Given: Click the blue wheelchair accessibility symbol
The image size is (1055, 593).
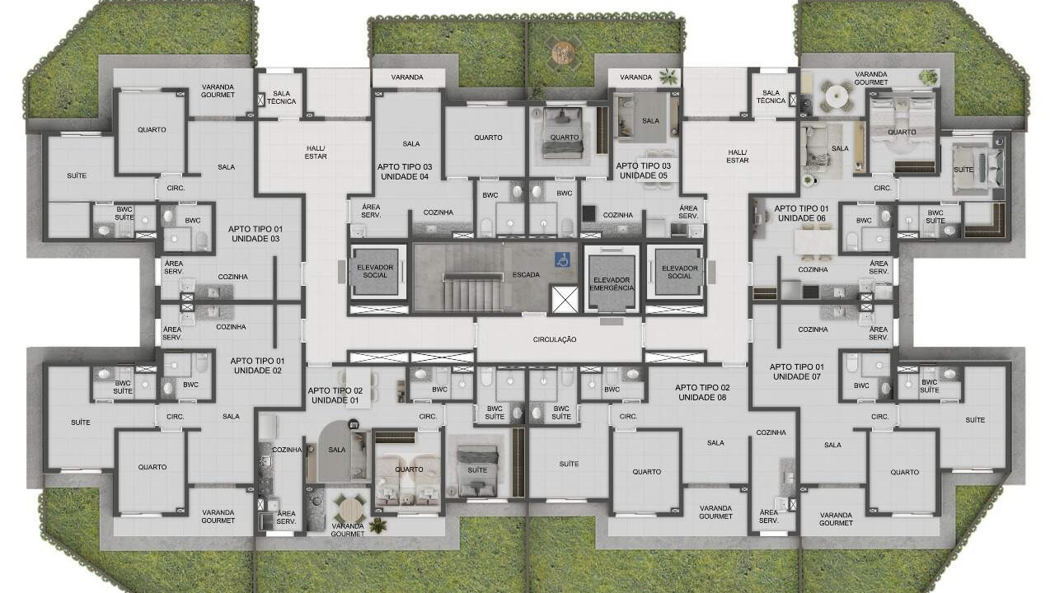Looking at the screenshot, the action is (x=562, y=259).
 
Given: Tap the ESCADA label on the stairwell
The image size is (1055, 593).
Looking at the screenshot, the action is (x=526, y=275).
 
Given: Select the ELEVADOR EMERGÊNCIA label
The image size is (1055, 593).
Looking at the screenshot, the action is (x=612, y=284).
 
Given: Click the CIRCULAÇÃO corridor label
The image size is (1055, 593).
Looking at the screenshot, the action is (x=555, y=339).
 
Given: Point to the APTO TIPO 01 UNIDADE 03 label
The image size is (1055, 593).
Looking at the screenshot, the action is (x=256, y=234).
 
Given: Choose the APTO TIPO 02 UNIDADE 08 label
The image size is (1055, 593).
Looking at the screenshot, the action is (x=702, y=393).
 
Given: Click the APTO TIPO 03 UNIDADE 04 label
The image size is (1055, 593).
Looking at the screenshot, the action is (x=405, y=172).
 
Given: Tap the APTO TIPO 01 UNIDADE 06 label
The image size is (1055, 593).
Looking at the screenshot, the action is (x=802, y=213).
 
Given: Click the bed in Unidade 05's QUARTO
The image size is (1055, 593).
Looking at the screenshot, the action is (x=562, y=133).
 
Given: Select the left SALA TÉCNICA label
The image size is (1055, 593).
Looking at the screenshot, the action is (x=282, y=97).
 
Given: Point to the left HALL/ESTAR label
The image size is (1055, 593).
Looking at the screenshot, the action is (x=316, y=152).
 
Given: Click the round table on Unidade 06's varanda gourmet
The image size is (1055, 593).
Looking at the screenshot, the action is (x=837, y=95).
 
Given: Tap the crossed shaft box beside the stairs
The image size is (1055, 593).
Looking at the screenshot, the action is (x=565, y=299).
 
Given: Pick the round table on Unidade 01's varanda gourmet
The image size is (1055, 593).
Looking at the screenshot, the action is (x=350, y=510).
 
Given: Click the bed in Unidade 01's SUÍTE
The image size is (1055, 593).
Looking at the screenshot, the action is (x=477, y=470).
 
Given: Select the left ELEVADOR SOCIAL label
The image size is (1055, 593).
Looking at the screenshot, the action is (x=375, y=271).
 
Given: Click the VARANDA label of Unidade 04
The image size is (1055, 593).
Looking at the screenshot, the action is (x=407, y=77).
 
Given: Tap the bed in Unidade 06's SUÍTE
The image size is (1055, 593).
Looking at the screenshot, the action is (x=975, y=170).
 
